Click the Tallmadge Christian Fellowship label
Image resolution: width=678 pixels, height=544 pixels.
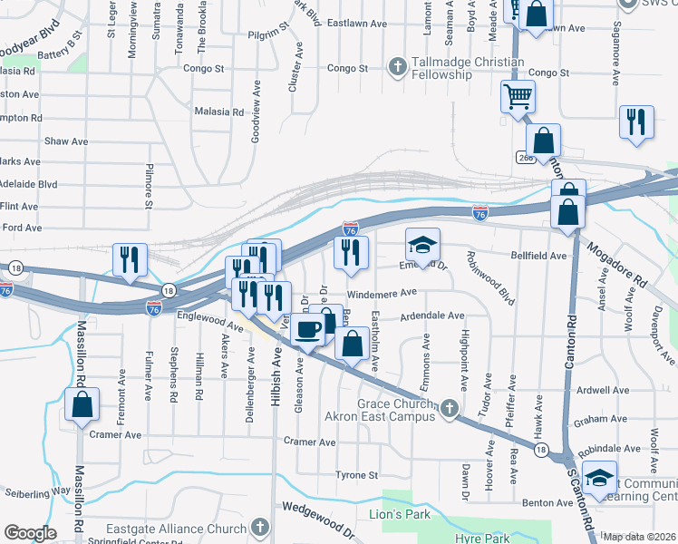point(457,68)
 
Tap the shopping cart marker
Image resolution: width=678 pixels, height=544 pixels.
point(518,96)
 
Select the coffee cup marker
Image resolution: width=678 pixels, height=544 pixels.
point(309,328)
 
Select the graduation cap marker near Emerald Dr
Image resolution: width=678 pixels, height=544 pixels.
point(422,244)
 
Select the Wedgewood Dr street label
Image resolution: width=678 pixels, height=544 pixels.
point(316,512)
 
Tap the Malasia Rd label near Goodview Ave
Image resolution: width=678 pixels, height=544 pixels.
point(219,112)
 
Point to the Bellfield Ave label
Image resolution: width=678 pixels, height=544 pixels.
point(539,256)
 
